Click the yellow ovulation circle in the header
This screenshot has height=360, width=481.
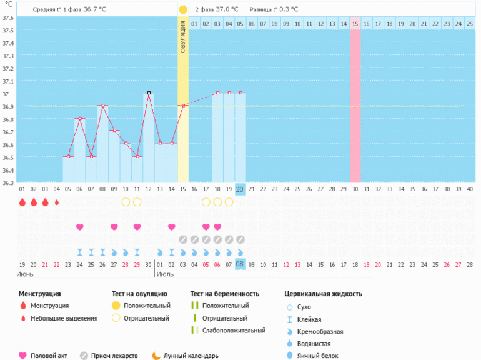(182, 9)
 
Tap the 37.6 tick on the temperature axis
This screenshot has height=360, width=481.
(8, 17)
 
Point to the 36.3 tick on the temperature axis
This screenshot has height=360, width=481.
(8, 182)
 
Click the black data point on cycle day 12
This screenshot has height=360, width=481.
(149, 92)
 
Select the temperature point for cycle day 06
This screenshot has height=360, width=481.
(80, 118)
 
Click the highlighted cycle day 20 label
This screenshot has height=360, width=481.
(241, 189)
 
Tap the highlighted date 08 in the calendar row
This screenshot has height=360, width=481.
(241, 264)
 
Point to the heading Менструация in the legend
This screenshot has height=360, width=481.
(39, 293)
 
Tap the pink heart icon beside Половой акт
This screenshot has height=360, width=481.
(23, 356)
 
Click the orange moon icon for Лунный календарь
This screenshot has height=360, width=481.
(156, 356)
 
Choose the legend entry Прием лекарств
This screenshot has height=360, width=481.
(114, 356)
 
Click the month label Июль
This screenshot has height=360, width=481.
(165, 274)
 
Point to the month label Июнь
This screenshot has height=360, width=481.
(26, 274)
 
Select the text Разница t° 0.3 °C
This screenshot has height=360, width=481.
(274, 9)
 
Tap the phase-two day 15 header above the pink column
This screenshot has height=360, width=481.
(354, 24)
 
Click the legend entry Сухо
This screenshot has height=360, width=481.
(304, 307)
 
